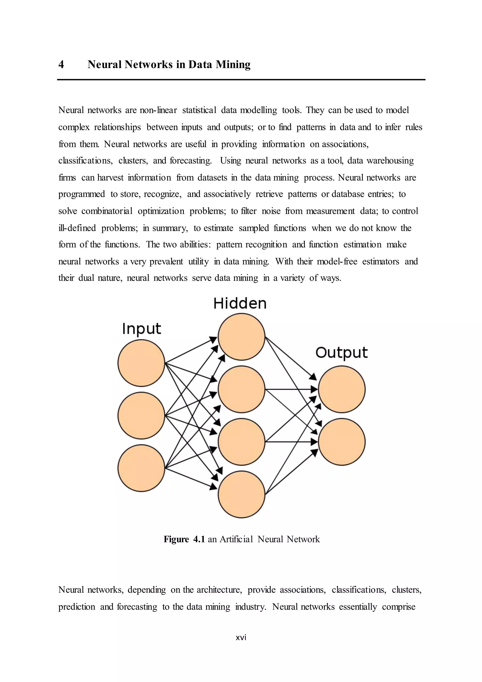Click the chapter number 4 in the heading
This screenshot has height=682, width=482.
click(61, 65)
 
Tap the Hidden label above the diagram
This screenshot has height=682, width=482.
click(240, 304)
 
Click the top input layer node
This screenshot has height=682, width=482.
click(141, 363)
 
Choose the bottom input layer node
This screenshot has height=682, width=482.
click(141, 468)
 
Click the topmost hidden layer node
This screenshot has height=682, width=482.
click(241, 337)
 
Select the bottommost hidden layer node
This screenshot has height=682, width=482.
click(241, 494)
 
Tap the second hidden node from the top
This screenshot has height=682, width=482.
click(241, 389)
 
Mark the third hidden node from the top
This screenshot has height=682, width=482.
click(241, 442)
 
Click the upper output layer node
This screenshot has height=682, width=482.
click(342, 389)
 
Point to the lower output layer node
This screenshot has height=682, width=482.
click(342, 442)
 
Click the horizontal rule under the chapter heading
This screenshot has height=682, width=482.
click(241, 80)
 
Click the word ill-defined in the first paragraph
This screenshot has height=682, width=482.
click(77, 228)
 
